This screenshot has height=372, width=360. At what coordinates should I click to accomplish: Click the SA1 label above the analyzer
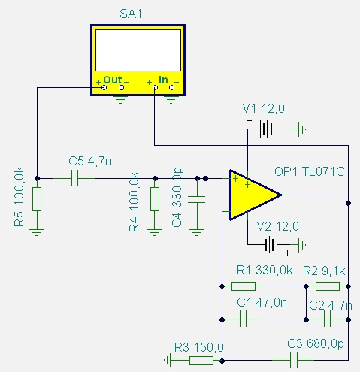(131, 14)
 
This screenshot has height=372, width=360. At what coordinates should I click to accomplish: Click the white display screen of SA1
(138, 50)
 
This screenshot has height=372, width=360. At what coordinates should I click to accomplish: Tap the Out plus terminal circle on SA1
(104, 88)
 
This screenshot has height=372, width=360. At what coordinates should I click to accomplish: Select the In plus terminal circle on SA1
(155, 88)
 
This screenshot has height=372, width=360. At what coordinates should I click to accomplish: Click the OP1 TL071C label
(309, 172)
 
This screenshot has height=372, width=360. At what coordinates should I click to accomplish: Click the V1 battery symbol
(266, 129)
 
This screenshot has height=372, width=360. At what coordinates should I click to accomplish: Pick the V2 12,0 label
(277, 227)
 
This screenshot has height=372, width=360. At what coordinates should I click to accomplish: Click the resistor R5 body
(37, 199)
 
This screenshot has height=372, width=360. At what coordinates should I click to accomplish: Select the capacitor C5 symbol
(74, 178)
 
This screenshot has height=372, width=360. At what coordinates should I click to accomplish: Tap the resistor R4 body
(155, 199)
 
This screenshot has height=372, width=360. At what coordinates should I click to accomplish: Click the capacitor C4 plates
(197, 200)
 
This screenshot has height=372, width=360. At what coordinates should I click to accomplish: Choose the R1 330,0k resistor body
(244, 286)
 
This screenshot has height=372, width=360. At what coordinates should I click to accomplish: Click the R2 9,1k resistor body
(328, 286)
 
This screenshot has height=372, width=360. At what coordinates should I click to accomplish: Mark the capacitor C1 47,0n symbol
(243, 319)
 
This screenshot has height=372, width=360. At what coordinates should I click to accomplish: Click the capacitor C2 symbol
(327, 319)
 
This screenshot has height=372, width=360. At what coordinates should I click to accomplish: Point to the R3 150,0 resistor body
(201, 361)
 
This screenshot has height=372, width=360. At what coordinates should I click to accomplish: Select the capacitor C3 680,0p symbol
(294, 360)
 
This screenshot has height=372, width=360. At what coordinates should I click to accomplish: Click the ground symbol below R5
(37, 232)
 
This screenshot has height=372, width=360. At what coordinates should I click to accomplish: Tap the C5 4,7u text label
(90, 162)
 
